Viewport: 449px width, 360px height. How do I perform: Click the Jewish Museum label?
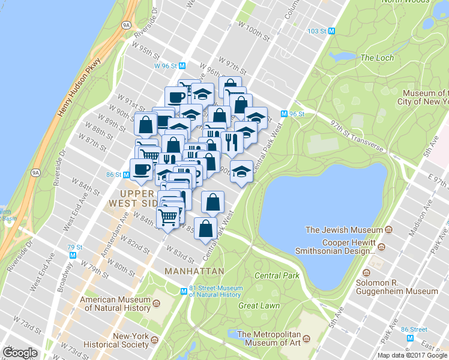click(344, 230)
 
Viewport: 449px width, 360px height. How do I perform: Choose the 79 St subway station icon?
click(73, 254)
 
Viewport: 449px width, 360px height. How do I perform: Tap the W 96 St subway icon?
click(182, 66)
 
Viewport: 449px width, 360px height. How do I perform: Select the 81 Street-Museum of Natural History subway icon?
click(184, 292)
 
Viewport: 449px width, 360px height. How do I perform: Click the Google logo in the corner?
click(20, 353)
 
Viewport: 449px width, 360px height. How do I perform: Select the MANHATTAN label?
click(194, 271)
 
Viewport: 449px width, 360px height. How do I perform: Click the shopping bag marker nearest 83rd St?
click(205, 228)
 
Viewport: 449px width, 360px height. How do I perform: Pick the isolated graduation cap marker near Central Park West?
click(241, 171)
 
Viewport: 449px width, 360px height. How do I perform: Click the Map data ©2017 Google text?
click(412, 355)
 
